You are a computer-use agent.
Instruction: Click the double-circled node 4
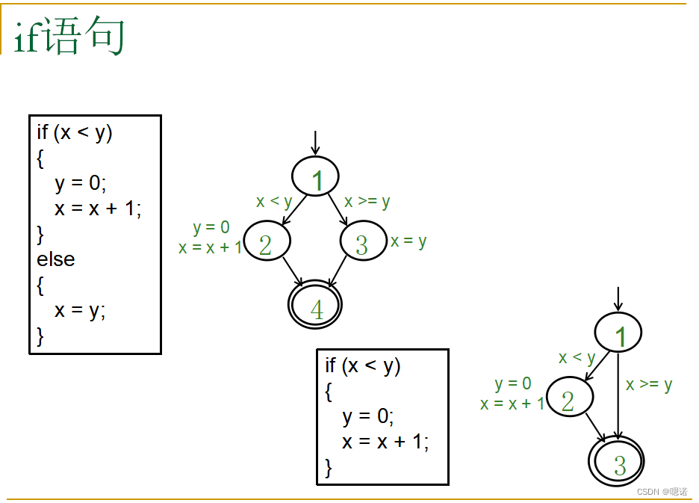click(315, 306)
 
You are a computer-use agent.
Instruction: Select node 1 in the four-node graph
click(315, 177)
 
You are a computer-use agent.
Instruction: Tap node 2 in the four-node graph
click(266, 242)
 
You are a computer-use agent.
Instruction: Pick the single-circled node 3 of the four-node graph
click(363, 242)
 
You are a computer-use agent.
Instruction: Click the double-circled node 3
click(618, 461)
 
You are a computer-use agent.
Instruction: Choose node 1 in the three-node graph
click(618, 333)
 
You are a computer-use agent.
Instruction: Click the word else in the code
click(56, 259)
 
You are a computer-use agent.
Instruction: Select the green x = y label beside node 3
click(408, 241)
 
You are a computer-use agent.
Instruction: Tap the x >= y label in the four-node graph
click(367, 201)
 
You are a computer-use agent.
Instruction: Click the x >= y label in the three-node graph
click(649, 385)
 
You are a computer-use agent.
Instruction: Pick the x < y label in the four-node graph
click(274, 201)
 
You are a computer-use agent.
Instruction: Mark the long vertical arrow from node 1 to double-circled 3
click(618, 396)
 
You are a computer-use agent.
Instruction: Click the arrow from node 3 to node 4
click(338, 271)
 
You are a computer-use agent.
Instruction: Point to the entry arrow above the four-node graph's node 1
click(315, 142)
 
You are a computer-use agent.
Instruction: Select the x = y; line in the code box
click(80, 310)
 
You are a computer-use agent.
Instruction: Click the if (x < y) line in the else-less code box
click(363, 366)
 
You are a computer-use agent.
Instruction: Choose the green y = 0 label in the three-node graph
click(513, 384)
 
